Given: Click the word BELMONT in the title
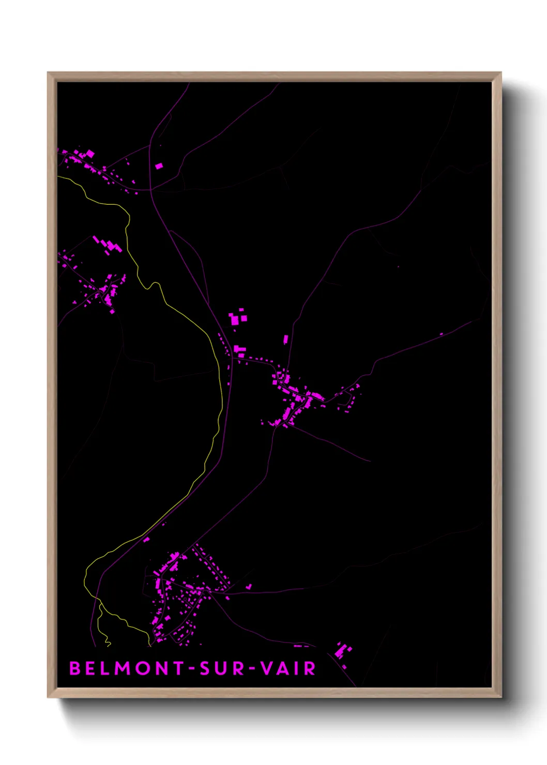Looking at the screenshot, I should click(x=127, y=668).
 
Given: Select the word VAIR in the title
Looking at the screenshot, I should click(x=287, y=668).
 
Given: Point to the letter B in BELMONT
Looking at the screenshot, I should click(x=75, y=668).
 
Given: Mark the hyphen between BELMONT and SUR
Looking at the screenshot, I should click(x=192, y=669).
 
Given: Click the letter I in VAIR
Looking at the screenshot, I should click(x=297, y=668).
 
